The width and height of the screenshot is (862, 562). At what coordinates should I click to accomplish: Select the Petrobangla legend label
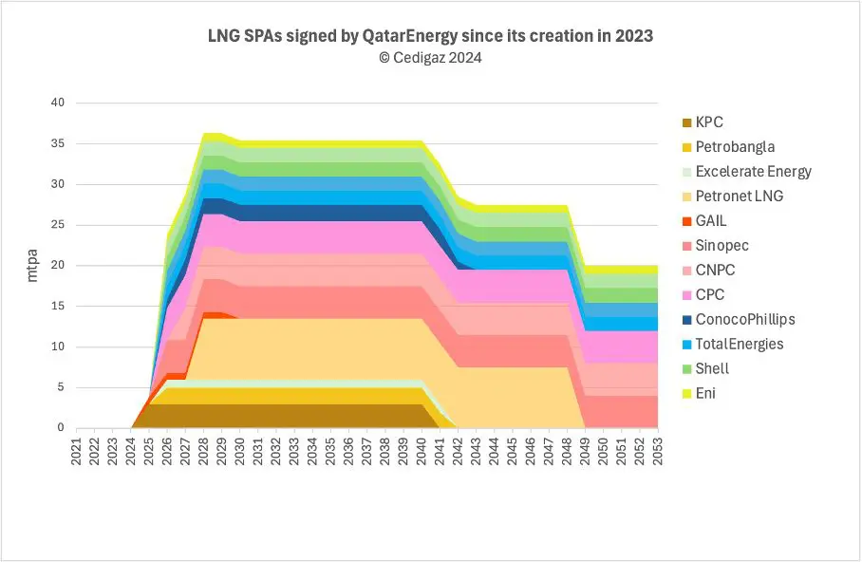[x=735, y=147]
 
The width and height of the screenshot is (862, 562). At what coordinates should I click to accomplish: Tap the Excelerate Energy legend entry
[x=753, y=172]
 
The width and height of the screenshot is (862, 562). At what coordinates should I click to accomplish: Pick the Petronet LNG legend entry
[x=739, y=197]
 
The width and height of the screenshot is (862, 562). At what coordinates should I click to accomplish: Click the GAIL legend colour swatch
[x=686, y=221]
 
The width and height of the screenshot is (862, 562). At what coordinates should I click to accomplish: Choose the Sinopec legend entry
[x=722, y=246]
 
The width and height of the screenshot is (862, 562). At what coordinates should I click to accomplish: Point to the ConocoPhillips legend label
[x=745, y=319]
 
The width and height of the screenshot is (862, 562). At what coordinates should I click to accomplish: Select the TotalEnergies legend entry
[x=740, y=344]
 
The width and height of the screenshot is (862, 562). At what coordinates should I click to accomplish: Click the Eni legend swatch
[x=686, y=392]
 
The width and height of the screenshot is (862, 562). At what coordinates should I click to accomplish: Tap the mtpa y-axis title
[x=31, y=266]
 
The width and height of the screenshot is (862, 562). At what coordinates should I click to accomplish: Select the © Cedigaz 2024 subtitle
[x=430, y=57]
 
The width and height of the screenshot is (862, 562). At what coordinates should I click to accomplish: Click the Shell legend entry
[x=712, y=368]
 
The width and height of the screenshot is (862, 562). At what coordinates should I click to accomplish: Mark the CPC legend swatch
[x=686, y=294]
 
